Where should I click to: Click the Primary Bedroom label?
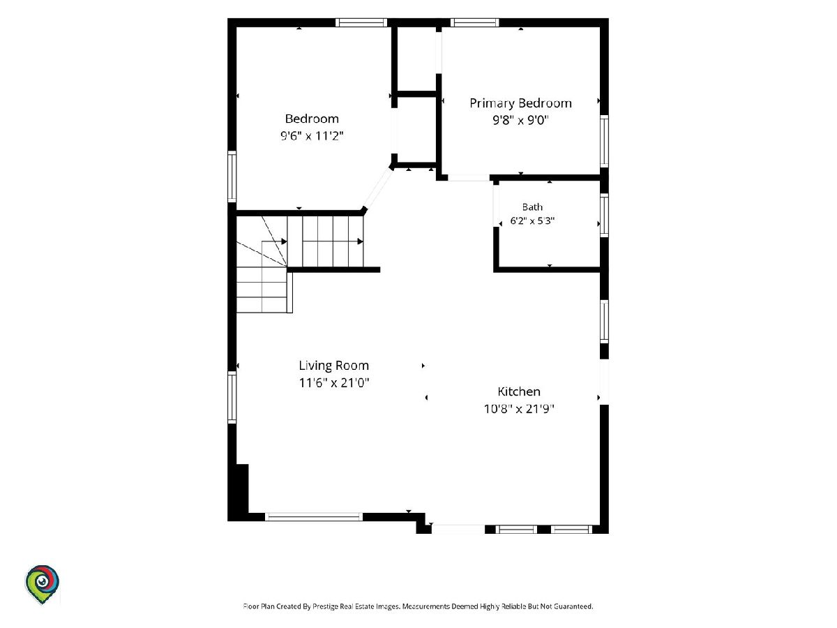click(x=520, y=103)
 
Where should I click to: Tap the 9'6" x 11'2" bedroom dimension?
click(x=312, y=136)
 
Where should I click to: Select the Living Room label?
click(x=333, y=366)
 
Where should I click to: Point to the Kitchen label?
click(x=519, y=391)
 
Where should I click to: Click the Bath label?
click(x=532, y=207)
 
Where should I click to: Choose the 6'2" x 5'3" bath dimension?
click(x=532, y=220)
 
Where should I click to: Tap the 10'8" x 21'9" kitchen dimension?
click(x=519, y=409)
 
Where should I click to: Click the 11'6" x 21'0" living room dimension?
click(x=333, y=382)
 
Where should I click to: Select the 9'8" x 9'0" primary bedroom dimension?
click(x=520, y=120)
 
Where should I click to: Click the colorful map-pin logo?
click(x=42, y=584)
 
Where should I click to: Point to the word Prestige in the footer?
click(x=325, y=606)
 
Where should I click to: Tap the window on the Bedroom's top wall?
click(x=361, y=22)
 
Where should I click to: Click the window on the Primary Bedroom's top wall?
click(x=474, y=22)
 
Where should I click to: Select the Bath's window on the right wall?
click(x=604, y=216)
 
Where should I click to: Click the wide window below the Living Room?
click(x=314, y=516)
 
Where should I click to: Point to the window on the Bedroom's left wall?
click(x=232, y=177)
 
